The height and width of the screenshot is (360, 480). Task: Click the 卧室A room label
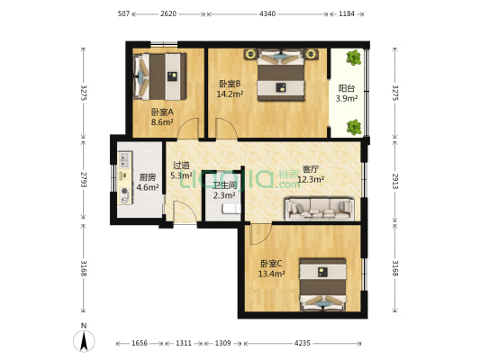pyautogui.click(x=162, y=112)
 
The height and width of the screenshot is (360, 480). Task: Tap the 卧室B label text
pyautogui.click(x=229, y=84)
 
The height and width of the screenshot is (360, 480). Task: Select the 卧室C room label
pyautogui.click(x=271, y=264)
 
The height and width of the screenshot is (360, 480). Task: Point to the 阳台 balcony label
pyautogui.click(x=346, y=88)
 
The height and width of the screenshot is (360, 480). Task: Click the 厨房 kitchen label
pyautogui.click(x=148, y=177)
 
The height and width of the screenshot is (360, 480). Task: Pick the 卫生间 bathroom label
pyautogui.click(x=224, y=184)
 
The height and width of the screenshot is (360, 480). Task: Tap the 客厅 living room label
pyautogui.click(x=312, y=168)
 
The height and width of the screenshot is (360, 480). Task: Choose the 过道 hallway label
pyautogui.click(x=181, y=166)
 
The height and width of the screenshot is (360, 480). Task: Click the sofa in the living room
pyautogui.click(x=319, y=210)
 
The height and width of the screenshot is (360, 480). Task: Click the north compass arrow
pyautogui.click(x=84, y=340)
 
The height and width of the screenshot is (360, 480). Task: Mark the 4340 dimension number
pyautogui.click(x=267, y=14)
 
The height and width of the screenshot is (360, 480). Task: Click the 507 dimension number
pyautogui.click(x=124, y=14)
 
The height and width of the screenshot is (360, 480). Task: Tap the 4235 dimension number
pyautogui.click(x=302, y=343)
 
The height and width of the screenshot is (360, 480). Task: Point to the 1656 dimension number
pyautogui.click(x=140, y=343)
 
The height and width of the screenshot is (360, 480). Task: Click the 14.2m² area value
pyautogui.click(x=229, y=93)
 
